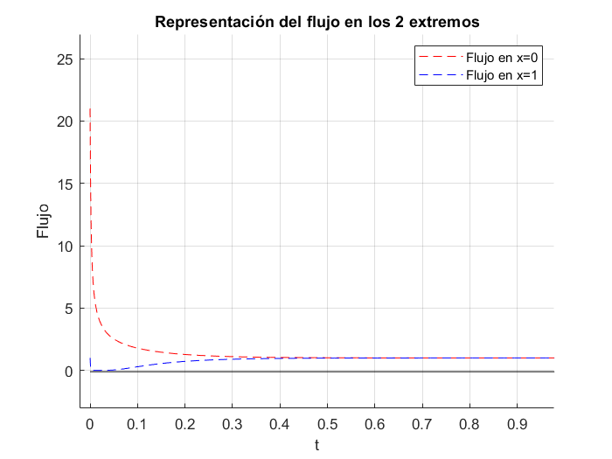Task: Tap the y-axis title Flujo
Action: coord(43,221)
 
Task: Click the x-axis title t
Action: coord(316,445)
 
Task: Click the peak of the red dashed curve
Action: coord(90,109)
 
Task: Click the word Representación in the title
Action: coord(209,21)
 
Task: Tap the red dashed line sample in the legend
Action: coord(433,58)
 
